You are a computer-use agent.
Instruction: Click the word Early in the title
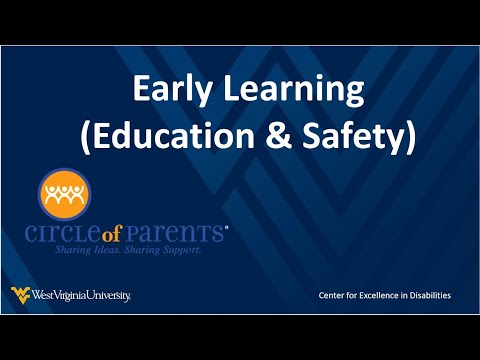pyautogui.click(x=170, y=92)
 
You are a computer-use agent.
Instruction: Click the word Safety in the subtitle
pyautogui.click(x=344, y=136)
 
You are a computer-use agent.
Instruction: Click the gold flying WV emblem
pyautogui.click(x=20, y=294)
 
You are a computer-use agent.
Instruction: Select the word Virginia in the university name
pyautogui.click(x=78, y=295)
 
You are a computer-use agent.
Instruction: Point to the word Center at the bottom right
pyautogui.click(x=334, y=295)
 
